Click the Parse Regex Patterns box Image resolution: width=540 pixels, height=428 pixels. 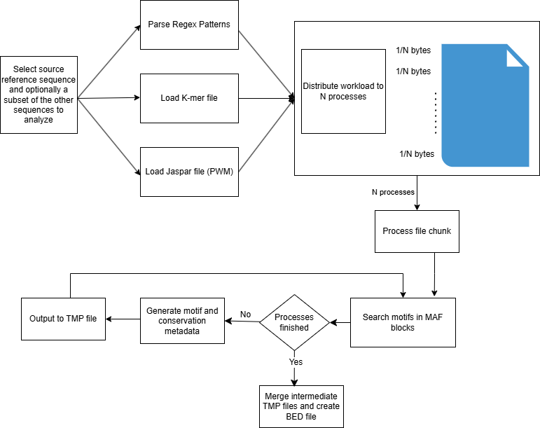pos(189,25)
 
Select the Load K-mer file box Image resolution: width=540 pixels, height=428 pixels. pos(189,98)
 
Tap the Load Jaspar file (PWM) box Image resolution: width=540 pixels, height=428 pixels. pos(189,172)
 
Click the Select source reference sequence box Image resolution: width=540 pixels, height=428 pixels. pos(39,95)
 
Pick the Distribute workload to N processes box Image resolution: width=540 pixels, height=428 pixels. pos(343,91)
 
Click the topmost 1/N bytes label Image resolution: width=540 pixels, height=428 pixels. pos(413,50)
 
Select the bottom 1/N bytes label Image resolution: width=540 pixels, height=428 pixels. pos(417,154)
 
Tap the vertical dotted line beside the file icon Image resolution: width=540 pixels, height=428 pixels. pos(435,112)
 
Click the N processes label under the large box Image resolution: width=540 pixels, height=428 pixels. pos(393,192)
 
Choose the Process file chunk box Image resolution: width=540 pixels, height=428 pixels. pos(417,231)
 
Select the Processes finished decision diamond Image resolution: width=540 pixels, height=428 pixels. pos(294,322)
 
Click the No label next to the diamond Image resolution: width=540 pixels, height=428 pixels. pos(246,314)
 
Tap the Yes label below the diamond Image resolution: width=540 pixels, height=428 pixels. pos(296,361)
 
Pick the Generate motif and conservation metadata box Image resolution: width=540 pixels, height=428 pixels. pos(182,322)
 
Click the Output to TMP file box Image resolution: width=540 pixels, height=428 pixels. pos(63,319)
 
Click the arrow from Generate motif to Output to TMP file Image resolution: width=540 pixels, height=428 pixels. pos(123,319)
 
